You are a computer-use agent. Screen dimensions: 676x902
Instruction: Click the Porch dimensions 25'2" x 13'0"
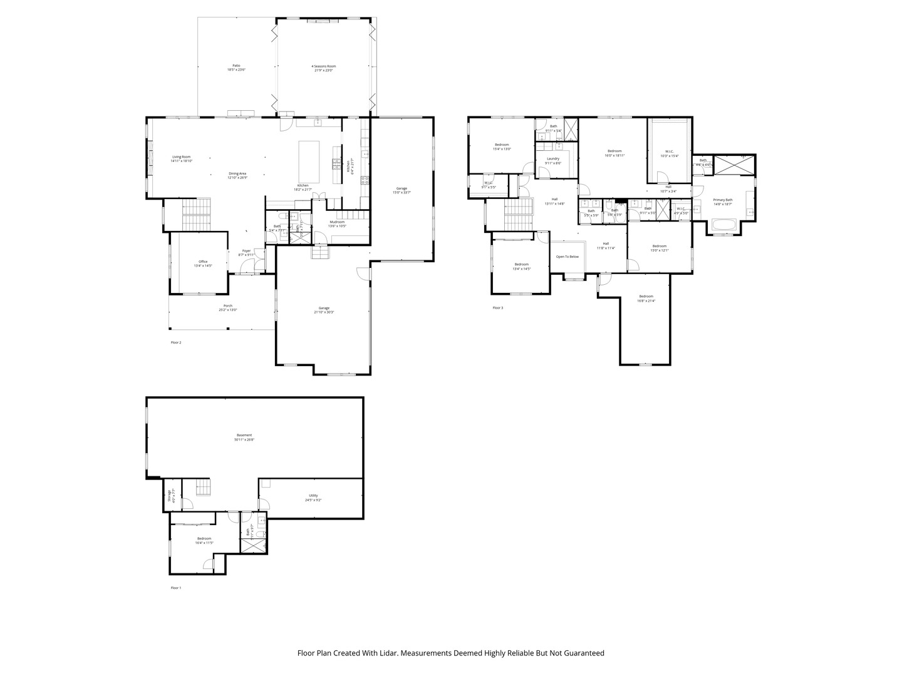point(228,310)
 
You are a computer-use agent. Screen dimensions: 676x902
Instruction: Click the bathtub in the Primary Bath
point(724,224)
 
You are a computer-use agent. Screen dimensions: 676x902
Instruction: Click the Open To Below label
point(568,257)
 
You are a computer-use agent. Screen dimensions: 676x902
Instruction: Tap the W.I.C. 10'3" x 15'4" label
point(668,153)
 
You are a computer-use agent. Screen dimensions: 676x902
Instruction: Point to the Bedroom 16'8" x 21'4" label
point(646,298)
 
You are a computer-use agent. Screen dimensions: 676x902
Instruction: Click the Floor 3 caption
point(498,307)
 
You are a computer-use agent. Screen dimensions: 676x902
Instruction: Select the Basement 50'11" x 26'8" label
point(244,437)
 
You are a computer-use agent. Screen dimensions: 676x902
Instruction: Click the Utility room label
point(313,498)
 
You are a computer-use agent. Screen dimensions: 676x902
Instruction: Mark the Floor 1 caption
point(176,588)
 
